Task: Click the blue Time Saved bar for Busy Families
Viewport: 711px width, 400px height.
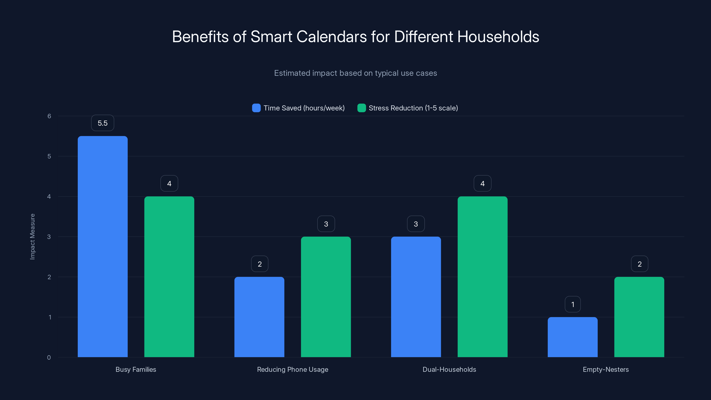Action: (x=102, y=246)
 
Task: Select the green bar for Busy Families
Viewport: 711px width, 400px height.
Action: (x=169, y=277)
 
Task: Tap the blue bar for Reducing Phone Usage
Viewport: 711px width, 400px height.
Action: (x=259, y=317)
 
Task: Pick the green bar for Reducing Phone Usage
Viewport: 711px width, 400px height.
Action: (x=326, y=297)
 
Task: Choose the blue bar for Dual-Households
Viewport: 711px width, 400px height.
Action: (x=416, y=297)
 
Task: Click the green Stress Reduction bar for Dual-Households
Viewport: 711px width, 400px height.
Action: (x=482, y=277)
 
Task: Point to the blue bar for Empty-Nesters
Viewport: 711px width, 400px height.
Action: (x=572, y=337)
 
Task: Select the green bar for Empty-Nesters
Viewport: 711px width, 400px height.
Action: (x=639, y=317)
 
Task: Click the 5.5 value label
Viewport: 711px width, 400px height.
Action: (x=102, y=123)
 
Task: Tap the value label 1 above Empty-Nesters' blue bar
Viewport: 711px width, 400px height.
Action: (x=572, y=304)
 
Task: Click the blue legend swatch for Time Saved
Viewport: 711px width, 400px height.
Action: (x=256, y=108)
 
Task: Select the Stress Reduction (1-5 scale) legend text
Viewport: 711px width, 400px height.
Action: (x=413, y=108)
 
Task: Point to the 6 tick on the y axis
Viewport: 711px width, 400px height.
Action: (x=49, y=116)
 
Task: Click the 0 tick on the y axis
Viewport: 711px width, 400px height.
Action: (x=49, y=358)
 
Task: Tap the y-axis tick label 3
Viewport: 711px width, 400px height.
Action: (x=49, y=237)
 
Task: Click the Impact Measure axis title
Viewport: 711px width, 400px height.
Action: (x=32, y=237)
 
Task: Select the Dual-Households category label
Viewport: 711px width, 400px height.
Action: (x=449, y=369)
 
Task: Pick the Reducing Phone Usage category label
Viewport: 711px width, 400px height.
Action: (x=293, y=369)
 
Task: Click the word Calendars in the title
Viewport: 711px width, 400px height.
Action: (x=332, y=37)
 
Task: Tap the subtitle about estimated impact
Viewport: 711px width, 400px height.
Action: (x=355, y=73)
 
